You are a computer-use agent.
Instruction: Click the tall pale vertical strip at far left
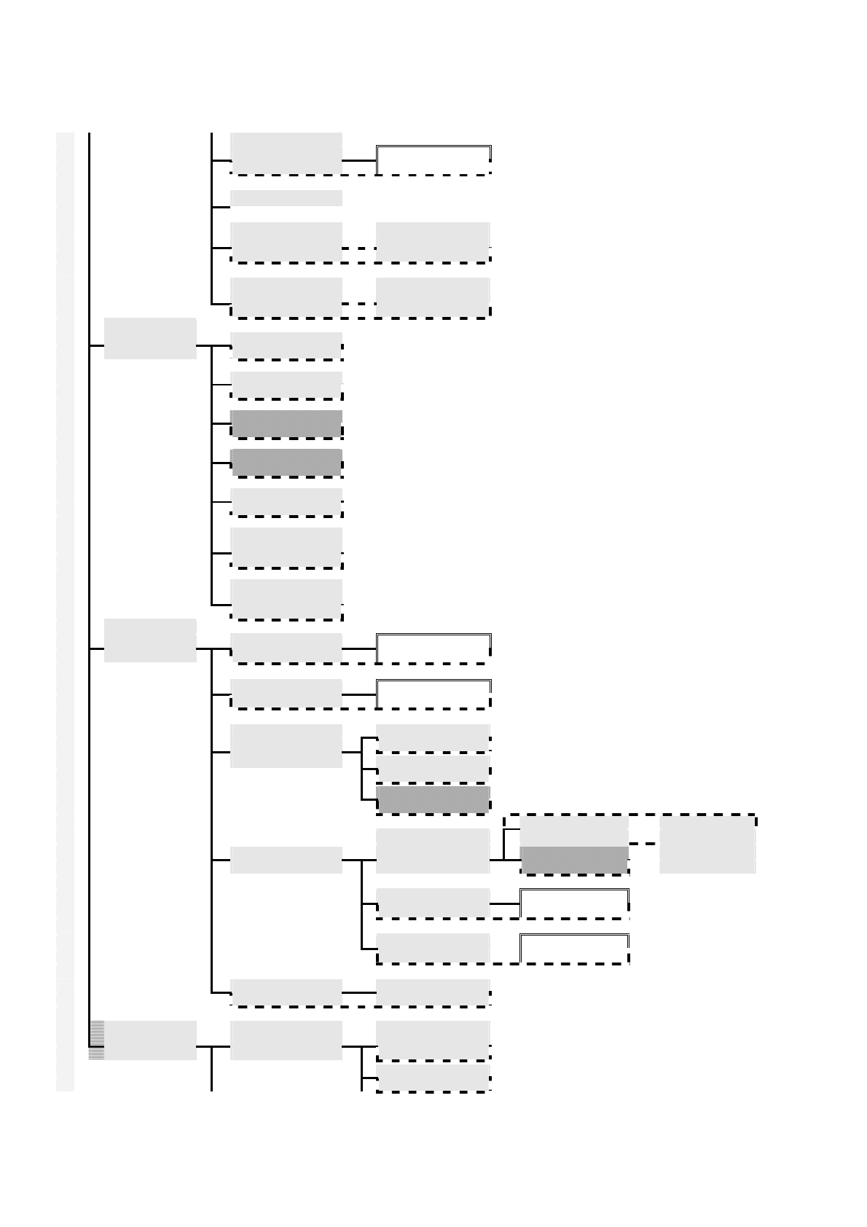(x=65, y=612)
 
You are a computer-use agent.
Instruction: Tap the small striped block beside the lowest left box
(x=96, y=1040)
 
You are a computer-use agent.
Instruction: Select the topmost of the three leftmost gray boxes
(x=150, y=338)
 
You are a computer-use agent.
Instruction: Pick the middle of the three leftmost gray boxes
(x=150, y=640)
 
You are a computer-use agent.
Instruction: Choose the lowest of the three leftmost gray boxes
(x=150, y=1040)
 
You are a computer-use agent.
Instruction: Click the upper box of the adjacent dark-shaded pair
(x=286, y=423)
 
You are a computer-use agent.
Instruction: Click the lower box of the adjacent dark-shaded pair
(x=286, y=463)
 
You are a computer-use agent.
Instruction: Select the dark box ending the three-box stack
(x=433, y=799)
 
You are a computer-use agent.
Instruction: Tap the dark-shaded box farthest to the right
(x=574, y=860)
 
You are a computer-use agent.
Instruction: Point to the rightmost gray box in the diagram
(x=707, y=844)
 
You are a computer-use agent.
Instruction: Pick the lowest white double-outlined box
(x=574, y=949)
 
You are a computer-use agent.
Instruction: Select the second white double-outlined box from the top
(x=433, y=648)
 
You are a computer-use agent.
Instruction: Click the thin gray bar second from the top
(x=286, y=198)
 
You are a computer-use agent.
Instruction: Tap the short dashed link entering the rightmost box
(x=644, y=843)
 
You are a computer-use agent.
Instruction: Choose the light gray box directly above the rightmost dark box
(x=574, y=831)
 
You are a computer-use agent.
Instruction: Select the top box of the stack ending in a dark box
(x=433, y=737)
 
